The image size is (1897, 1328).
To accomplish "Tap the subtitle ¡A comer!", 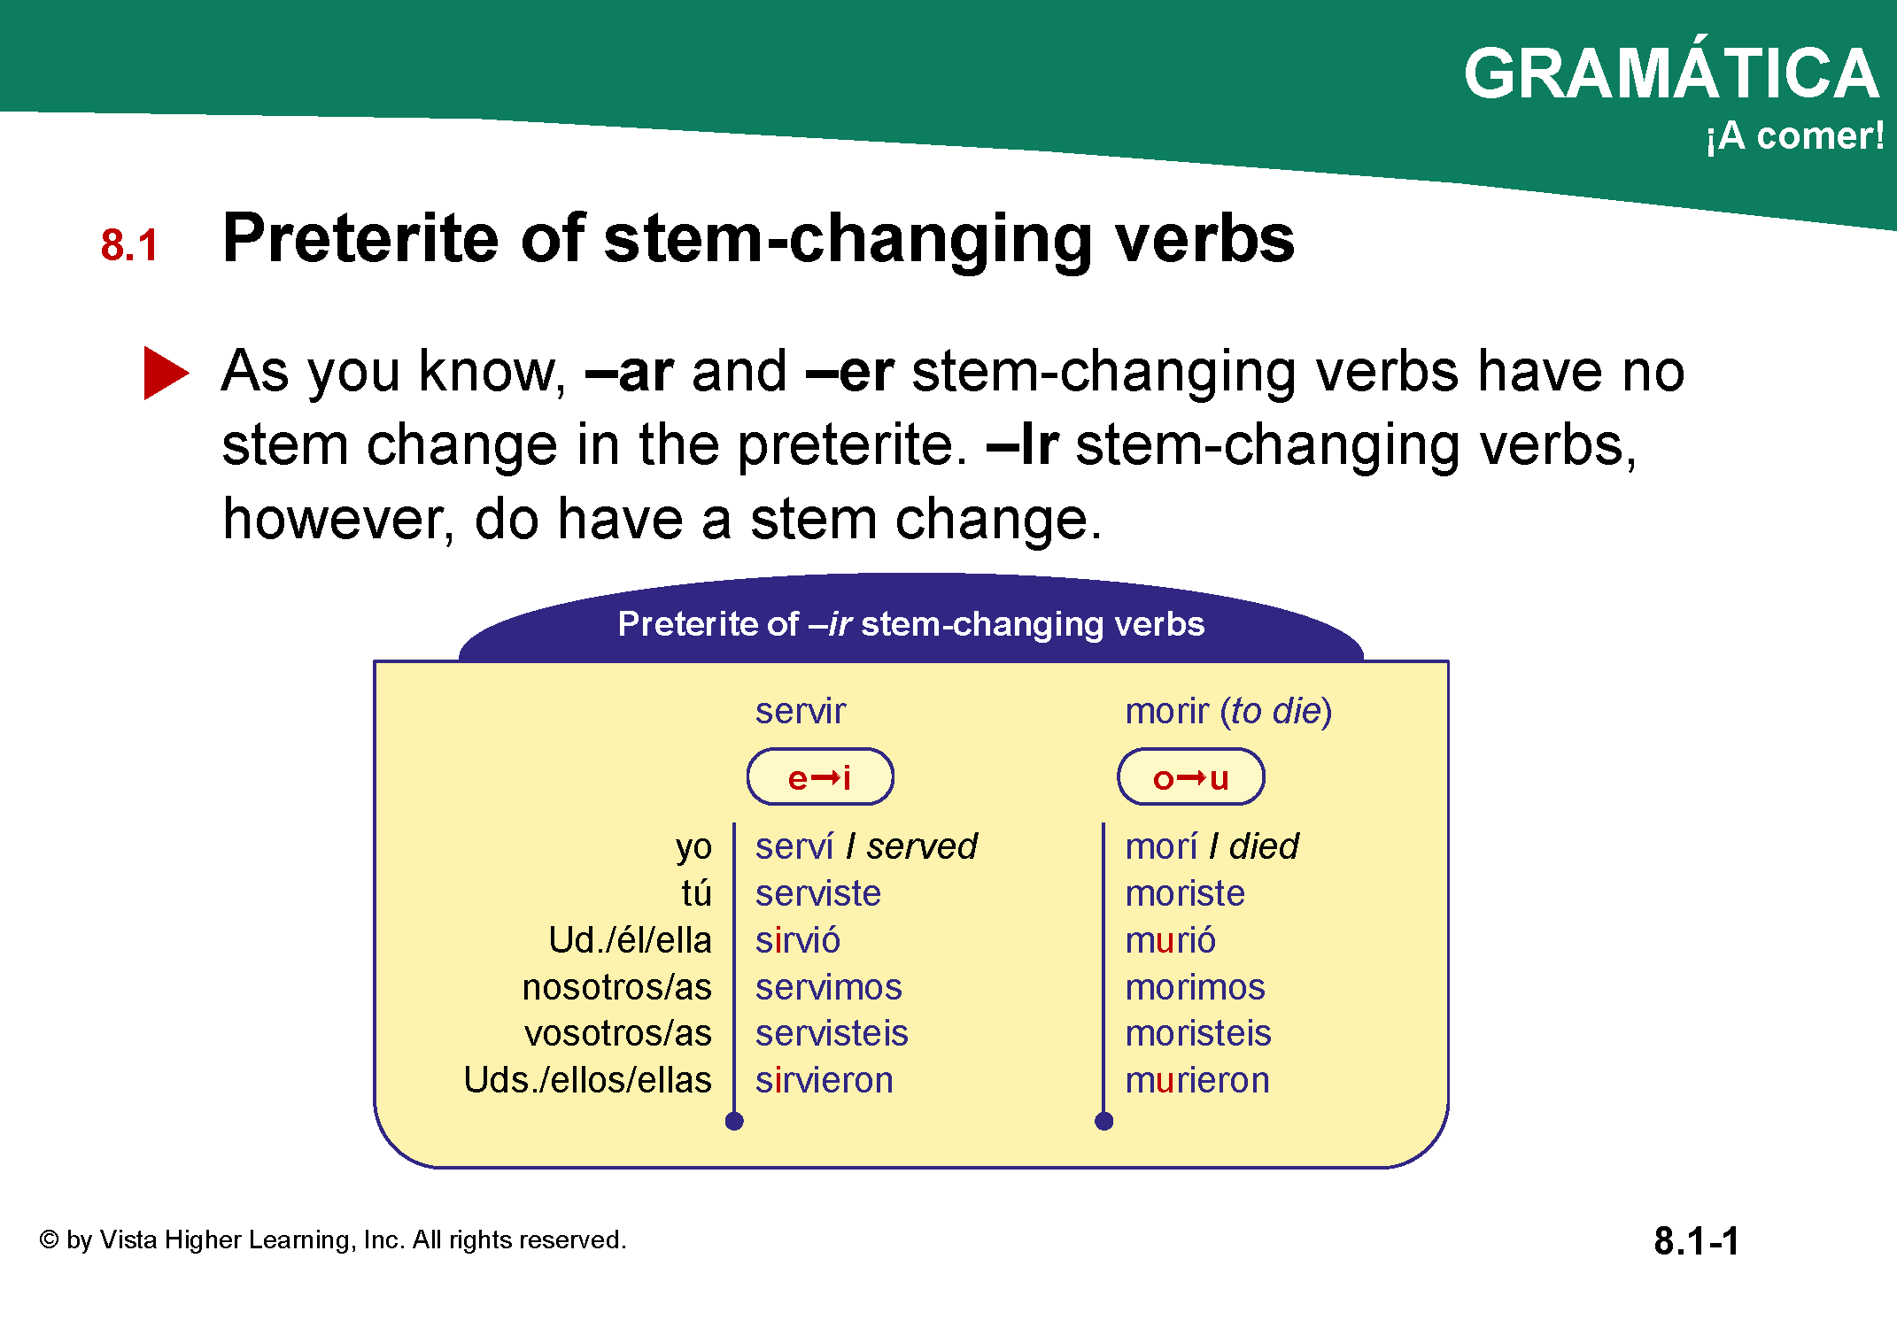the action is click(1794, 136).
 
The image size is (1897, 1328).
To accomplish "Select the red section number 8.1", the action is click(129, 245).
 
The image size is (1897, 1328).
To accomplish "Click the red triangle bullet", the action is click(166, 373).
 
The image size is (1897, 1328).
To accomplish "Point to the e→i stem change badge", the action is click(820, 777).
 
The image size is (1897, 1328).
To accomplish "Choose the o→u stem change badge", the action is click(1191, 777).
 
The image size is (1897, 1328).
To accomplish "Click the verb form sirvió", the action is click(797, 940).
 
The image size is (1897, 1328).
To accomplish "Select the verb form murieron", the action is click(1197, 1080).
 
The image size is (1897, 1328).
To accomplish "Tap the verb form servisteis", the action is click(832, 1033).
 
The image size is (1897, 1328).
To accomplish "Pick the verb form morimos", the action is click(1195, 987).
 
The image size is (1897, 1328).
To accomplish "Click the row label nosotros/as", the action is click(617, 987).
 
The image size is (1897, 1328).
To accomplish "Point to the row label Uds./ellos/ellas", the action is click(588, 1080).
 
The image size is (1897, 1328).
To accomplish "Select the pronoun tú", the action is click(697, 893).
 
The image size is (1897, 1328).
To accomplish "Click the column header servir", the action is click(801, 711).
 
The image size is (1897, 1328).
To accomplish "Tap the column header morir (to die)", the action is click(1228, 712).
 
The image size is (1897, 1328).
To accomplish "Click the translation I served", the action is click(911, 846).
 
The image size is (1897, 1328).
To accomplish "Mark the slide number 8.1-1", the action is click(1696, 1240).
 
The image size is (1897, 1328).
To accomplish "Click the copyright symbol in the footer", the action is click(50, 1239).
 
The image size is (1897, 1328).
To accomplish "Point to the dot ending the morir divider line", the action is click(1103, 1122).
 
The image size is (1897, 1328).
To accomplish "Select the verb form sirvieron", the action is click(824, 1080).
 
